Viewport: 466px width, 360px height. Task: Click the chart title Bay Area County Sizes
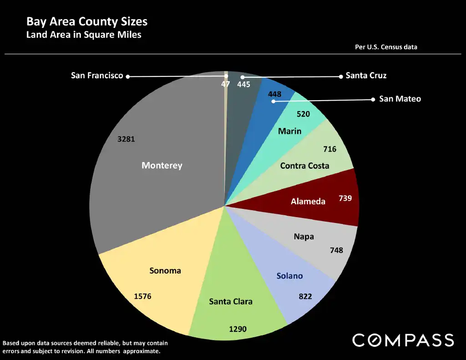(86, 21)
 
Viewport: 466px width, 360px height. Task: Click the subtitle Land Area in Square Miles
(84, 35)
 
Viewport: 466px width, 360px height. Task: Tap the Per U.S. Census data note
(386, 47)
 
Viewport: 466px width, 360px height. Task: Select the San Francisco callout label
(97, 76)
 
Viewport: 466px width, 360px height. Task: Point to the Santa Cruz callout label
(366, 76)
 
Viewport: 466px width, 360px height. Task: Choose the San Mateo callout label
(400, 99)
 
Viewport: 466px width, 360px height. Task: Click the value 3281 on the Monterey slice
(126, 139)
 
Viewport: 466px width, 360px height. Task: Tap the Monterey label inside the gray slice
(162, 165)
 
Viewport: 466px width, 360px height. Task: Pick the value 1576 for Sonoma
(142, 296)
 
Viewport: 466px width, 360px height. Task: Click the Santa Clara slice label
(230, 301)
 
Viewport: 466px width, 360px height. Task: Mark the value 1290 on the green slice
(237, 328)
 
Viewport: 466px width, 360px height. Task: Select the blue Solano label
(289, 276)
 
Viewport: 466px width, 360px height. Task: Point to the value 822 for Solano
(305, 296)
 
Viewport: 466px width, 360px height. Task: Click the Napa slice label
(304, 237)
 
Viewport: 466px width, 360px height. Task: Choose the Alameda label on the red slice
(308, 201)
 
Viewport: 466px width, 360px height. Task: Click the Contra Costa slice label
(304, 166)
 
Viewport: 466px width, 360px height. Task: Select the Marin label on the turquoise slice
(290, 131)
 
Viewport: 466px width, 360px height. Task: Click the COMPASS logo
(403, 340)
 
